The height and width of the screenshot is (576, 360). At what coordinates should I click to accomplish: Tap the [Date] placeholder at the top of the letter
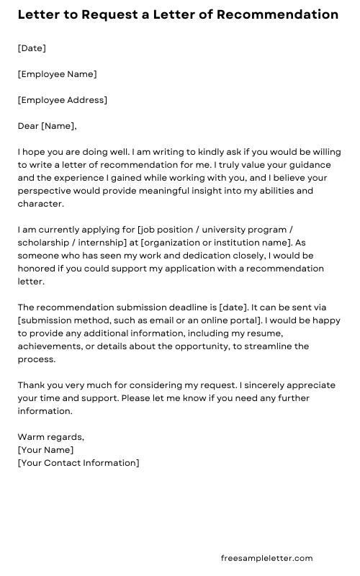coord(32,48)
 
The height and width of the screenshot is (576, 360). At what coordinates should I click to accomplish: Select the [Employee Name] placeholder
coord(57,74)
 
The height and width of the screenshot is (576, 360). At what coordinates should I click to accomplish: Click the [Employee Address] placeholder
coord(63,100)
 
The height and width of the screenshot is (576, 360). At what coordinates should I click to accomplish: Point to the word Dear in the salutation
coord(28,126)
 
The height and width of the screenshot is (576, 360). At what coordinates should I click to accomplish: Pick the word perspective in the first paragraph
coord(44,191)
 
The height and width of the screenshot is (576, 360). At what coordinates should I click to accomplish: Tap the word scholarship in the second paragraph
coord(44,243)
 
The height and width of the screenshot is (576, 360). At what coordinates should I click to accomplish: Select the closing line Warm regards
coord(50,437)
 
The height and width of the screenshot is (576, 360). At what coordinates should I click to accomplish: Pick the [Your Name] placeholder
coord(45,450)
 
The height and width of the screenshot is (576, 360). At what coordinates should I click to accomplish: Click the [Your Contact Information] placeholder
coord(78,463)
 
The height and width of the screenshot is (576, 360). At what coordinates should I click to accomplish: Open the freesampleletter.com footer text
coord(266,558)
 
